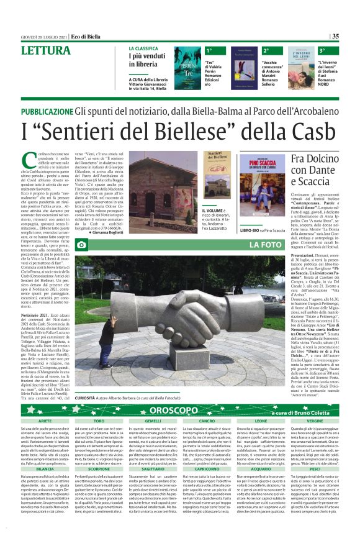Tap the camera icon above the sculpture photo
81,245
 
